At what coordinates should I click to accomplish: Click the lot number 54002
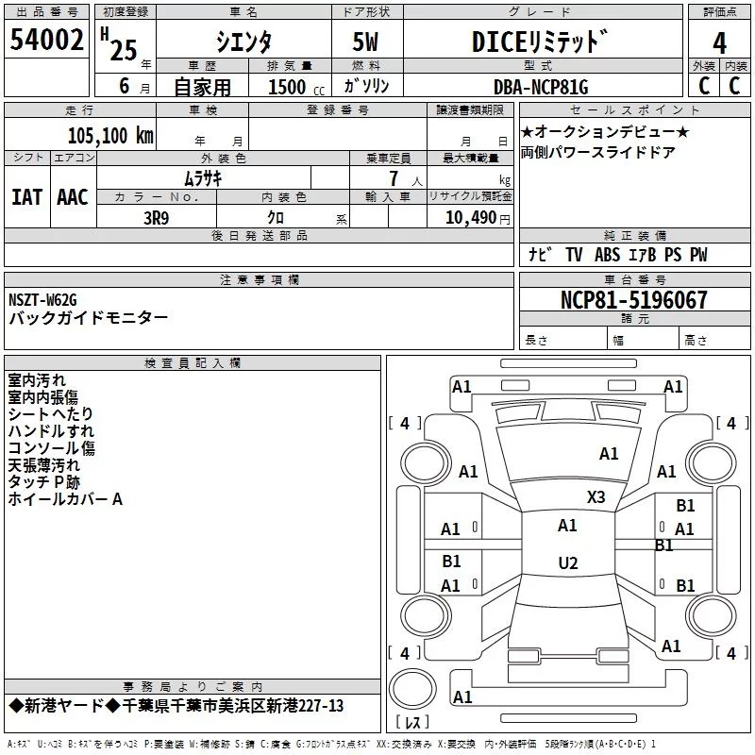(46, 41)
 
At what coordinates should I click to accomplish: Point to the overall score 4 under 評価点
(720, 42)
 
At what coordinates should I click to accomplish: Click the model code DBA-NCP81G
(541, 87)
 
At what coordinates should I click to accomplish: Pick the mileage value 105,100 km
(110, 135)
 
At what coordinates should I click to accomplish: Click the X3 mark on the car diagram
(596, 496)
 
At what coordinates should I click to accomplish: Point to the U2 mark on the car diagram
(567, 563)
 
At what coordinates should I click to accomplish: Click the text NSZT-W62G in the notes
(43, 300)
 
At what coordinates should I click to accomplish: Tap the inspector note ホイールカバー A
(65, 499)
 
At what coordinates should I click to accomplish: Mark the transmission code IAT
(26, 196)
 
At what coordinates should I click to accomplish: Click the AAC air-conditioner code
(73, 196)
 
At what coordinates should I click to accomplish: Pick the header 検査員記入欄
(193, 362)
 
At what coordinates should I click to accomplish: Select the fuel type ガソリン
(367, 87)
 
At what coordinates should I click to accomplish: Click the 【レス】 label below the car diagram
(412, 724)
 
